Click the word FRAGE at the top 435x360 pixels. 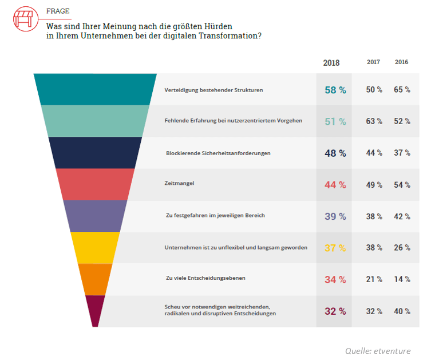[x=58, y=11]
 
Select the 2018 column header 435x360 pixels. [x=331, y=62]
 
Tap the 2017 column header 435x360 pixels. [x=373, y=62]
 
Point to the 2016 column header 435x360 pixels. [x=401, y=62]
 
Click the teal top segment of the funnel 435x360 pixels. [x=95, y=89]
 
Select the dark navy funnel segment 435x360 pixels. [x=95, y=153]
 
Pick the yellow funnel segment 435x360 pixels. [x=95, y=248]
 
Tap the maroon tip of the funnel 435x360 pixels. [x=95, y=311]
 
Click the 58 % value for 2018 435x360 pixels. [x=335, y=90]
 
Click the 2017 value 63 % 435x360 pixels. [x=374, y=121]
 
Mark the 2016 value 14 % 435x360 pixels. [x=402, y=279]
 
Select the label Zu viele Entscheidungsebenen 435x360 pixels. [x=205, y=279]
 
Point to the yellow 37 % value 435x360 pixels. [x=335, y=248]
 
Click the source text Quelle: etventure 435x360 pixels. [x=378, y=351]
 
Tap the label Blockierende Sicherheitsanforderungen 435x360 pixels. [x=218, y=153]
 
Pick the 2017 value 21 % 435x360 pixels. [x=374, y=279]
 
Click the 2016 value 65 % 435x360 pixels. [x=402, y=90]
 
